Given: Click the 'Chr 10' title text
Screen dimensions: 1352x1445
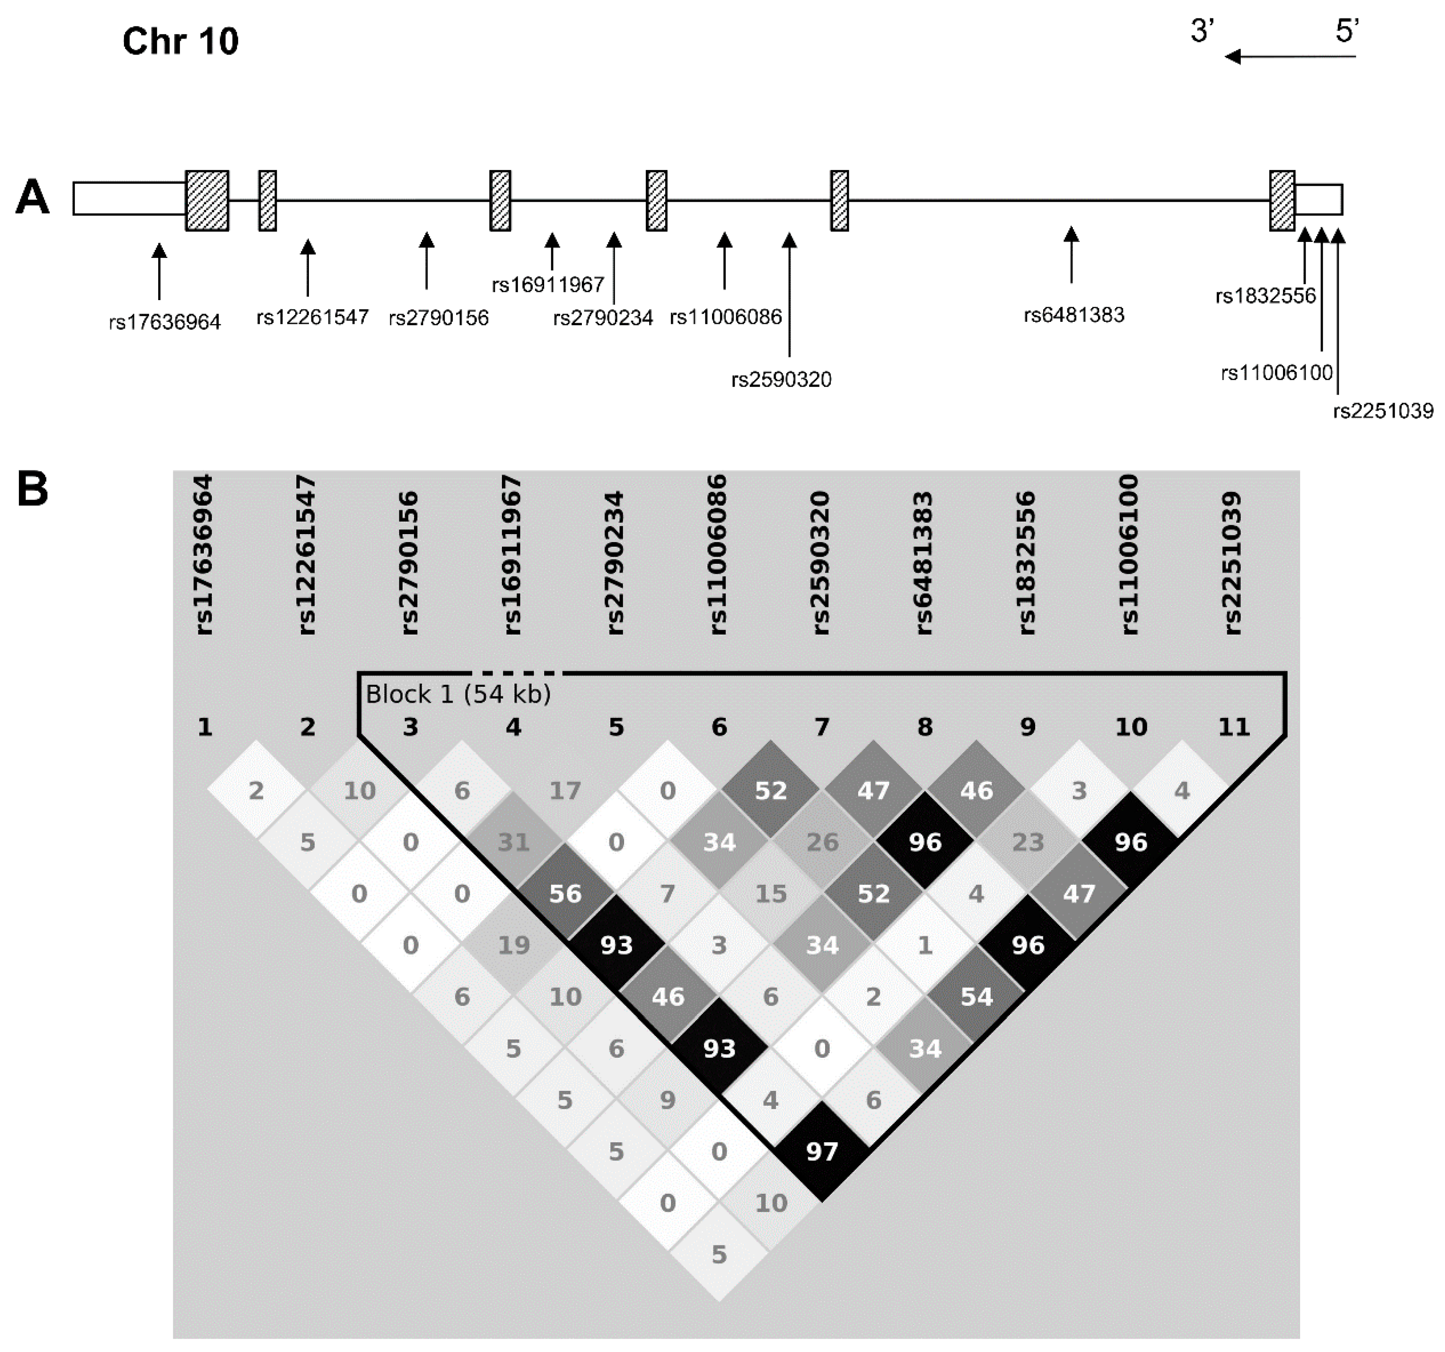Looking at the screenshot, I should click(180, 41).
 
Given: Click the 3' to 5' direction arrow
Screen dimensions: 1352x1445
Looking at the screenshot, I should click(1290, 56).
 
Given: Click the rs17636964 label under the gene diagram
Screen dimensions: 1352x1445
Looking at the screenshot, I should click(165, 321).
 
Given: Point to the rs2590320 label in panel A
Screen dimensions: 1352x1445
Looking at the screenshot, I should click(782, 379).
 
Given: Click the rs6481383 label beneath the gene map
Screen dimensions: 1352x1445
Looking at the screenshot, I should click(1074, 315).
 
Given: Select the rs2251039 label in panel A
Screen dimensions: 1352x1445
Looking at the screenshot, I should click(1383, 411).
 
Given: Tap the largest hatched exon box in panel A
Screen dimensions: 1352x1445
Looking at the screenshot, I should click(207, 200).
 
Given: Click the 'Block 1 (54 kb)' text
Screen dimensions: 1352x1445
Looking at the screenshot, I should click(458, 694).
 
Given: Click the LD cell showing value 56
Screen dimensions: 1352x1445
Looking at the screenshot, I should click(565, 893).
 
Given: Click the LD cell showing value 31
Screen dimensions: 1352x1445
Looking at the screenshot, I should click(513, 842).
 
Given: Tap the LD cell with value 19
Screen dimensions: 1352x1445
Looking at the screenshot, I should click(513, 945).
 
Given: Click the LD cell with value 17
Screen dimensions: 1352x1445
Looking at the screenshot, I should click(565, 790).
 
